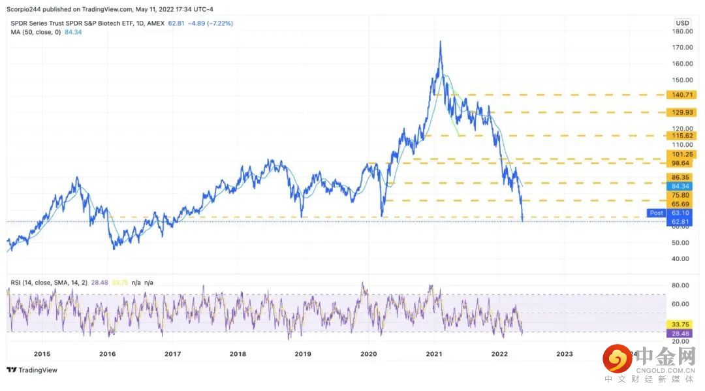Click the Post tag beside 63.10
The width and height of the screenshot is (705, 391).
[656, 213]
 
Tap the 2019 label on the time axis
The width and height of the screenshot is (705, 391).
[303, 354]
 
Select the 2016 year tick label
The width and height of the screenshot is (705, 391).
[107, 354]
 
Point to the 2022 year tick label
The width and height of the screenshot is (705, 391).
[499, 354]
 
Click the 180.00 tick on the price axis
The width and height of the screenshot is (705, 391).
[682, 31]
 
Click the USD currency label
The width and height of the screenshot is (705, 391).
[681, 22]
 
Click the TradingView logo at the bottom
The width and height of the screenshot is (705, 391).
[32, 370]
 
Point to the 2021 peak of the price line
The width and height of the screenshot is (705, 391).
[440, 41]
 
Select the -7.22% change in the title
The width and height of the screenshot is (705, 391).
[219, 23]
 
